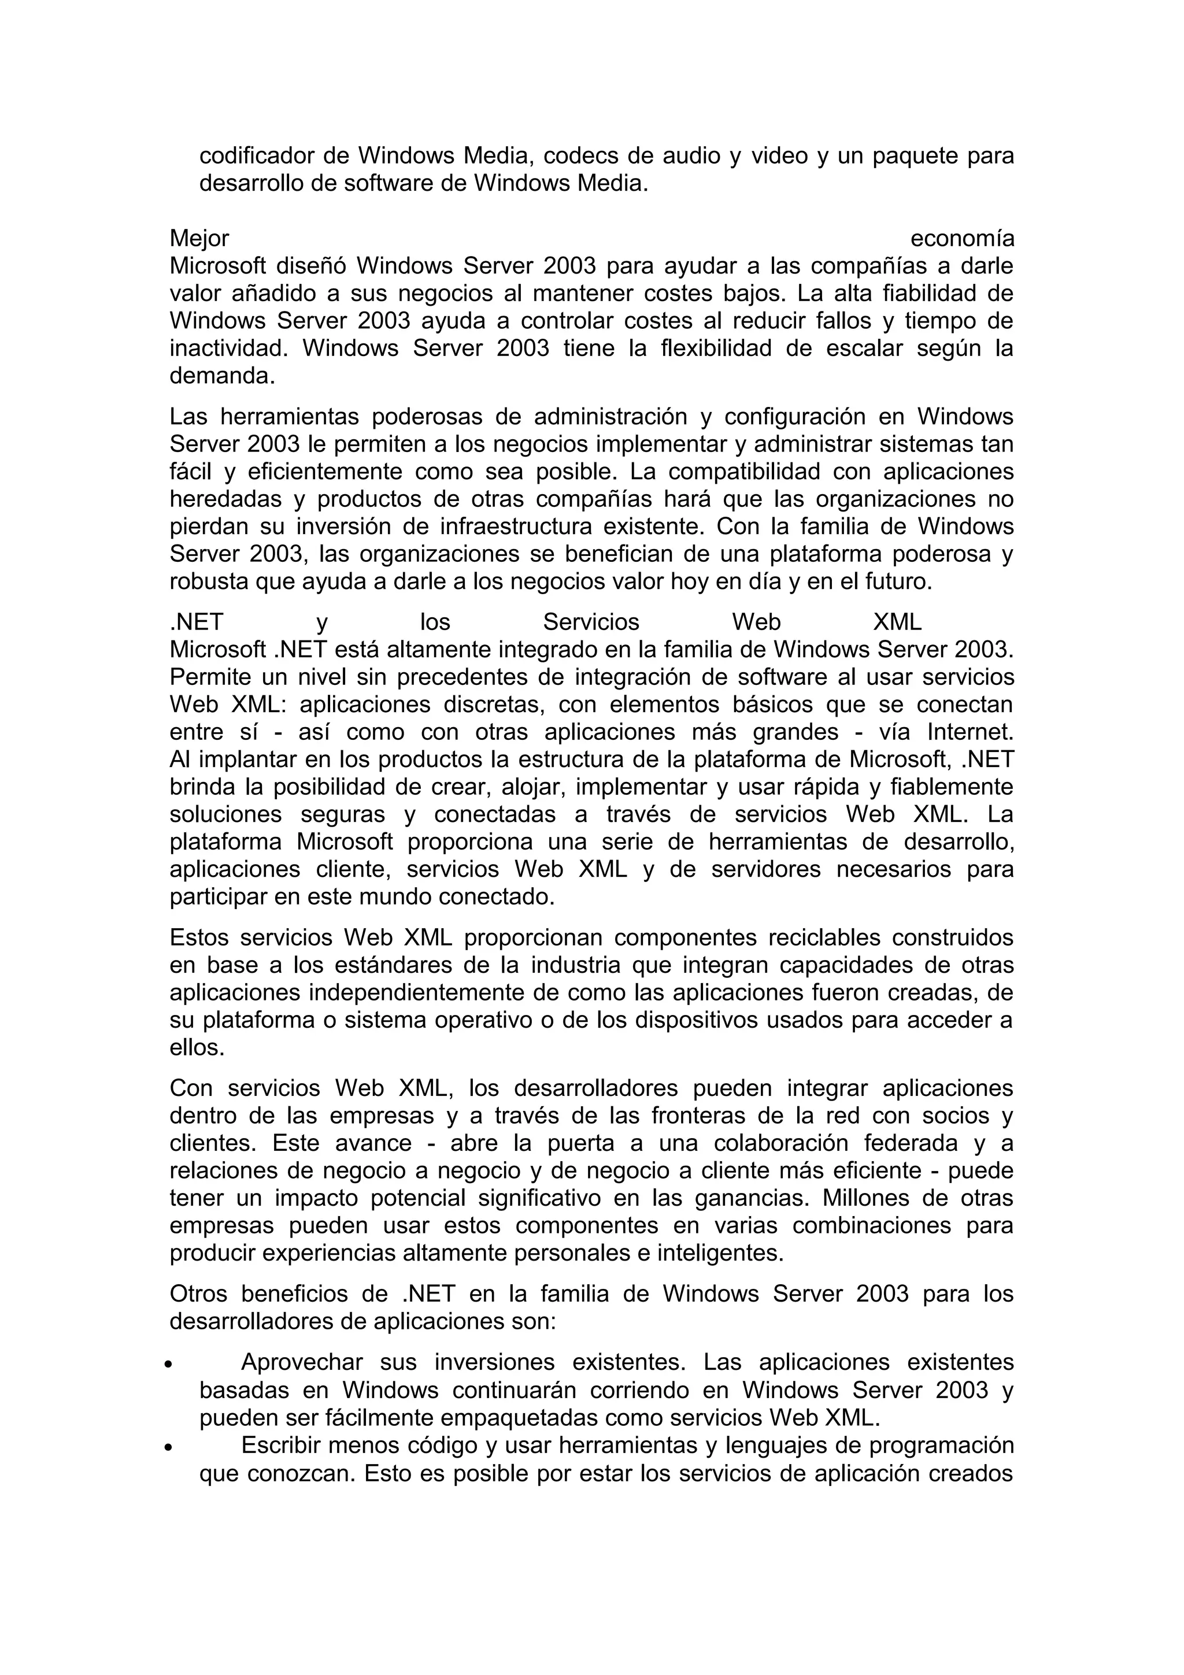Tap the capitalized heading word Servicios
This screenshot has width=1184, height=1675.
click(591, 622)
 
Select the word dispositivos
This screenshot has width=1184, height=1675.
click(697, 1021)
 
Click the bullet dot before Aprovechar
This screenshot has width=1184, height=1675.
click(168, 1363)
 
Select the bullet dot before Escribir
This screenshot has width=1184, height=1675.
click(168, 1447)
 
